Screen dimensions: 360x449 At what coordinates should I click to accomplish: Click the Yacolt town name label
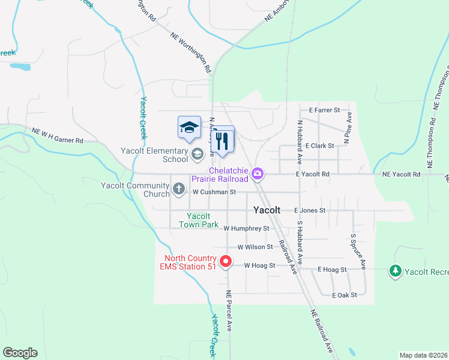tap(267, 211)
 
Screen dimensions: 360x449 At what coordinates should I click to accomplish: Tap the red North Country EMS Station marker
tap(226, 262)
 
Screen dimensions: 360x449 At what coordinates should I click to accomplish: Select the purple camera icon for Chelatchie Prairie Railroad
tap(258, 174)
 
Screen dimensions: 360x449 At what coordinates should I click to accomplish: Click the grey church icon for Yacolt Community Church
tap(178, 189)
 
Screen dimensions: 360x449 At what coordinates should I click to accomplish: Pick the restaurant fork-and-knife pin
tap(223, 141)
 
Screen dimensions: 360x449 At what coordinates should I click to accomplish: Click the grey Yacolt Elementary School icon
tap(197, 155)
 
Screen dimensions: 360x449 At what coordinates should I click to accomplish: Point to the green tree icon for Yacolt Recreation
tap(395, 271)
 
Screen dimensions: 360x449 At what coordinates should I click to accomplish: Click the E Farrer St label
tap(324, 110)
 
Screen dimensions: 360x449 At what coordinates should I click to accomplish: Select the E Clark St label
tap(319, 146)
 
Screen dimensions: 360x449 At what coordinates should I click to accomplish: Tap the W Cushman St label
tap(214, 192)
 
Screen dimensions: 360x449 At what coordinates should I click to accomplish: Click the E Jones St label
tap(310, 211)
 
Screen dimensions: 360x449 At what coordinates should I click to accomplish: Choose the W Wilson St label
tap(256, 247)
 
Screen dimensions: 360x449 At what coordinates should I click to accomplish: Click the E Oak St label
tap(345, 295)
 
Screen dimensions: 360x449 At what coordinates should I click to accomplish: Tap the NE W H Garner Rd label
tap(57, 135)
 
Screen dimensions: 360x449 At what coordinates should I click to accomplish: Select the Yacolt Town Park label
tap(198, 220)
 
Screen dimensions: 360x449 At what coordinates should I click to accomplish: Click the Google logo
tap(20, 352)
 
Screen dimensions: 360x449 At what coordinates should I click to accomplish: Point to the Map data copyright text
tap(423, 355)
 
